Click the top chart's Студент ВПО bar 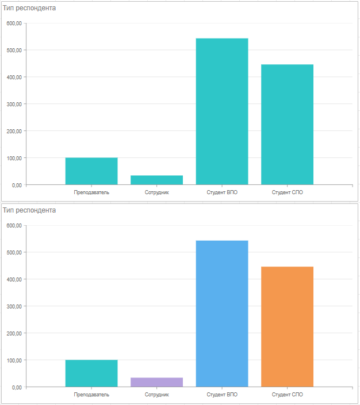point(222,111)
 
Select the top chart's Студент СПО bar point(287,125)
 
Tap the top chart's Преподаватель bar point(91,171)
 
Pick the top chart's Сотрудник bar point(156,180)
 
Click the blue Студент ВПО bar point(222,314)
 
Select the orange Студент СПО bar point(287,327)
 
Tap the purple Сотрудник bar point(156,383)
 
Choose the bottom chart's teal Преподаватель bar point(91,373)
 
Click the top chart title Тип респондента point(29,8)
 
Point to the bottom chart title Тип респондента point(29,210)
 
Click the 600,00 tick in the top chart point(14,24)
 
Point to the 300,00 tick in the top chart point(14,104)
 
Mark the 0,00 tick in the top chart point(16,185)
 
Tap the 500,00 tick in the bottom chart point(14,253)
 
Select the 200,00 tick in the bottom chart point(14,333)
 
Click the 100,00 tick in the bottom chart point(14,360)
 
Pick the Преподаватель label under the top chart point(91,192)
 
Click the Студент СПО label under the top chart point(287,192)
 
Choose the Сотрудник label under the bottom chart point(156,395)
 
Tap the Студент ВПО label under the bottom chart point(222,395)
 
